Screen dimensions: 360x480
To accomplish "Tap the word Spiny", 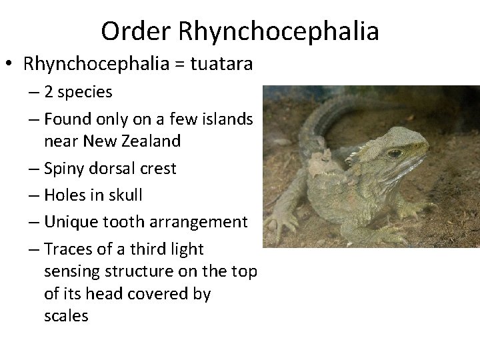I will [x=65, y=169].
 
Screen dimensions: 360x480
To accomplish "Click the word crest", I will [x=155, y=169].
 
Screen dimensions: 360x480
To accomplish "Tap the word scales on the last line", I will [x=65, y=315].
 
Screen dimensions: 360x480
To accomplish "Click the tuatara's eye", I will [x=395, y=154].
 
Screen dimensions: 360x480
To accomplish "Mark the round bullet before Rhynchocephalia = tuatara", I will [x=11, y=65].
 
